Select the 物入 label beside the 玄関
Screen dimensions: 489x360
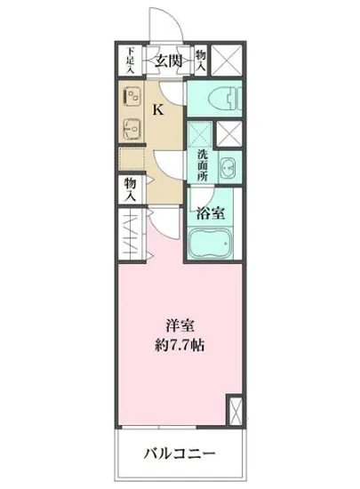point(201,60)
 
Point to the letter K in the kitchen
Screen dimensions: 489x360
point(158,110)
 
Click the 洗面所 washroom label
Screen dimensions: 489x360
point(203,164)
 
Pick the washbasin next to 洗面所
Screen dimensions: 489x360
point(228,165)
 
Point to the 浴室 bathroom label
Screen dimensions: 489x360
point(210,213)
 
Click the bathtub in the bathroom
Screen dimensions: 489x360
point(211,243)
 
